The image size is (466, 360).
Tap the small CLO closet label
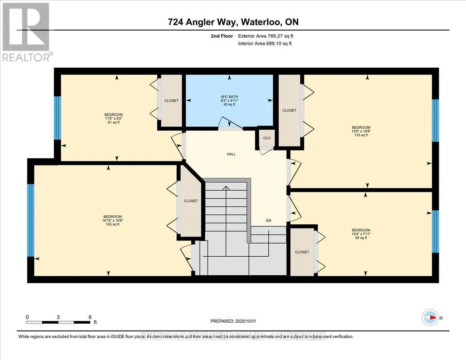[267, 138]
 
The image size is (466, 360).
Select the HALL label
[231, 154]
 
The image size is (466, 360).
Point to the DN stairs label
[268, 221]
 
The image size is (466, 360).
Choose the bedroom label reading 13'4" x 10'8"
[361, 131]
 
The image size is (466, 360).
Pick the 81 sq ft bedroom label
[113, 118]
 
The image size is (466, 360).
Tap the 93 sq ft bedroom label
[361, 234]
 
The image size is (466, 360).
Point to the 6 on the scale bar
[90, 317]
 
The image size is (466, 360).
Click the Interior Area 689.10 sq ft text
[264, 43]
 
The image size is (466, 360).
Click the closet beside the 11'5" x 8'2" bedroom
[171, 101]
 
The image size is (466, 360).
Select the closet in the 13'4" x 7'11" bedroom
[302, 252]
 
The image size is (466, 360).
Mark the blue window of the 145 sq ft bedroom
[31, 220]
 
